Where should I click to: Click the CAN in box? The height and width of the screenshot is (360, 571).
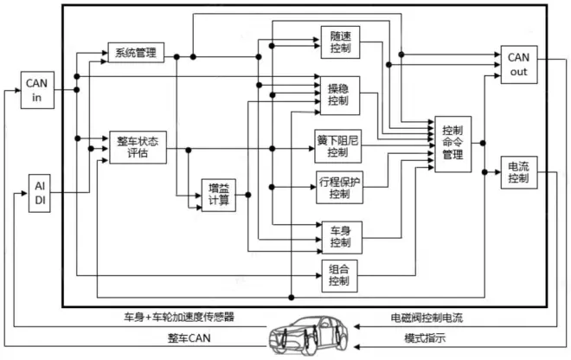click(39, 88)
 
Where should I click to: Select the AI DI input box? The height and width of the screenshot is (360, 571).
click(39, 193)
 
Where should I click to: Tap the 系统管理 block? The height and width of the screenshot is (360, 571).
click(135, 53)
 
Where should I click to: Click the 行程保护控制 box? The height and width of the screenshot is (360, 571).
click(339, 188)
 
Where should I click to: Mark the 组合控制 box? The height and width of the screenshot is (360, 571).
click(339, 275)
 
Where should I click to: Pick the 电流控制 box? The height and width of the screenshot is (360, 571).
click(518, 173)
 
